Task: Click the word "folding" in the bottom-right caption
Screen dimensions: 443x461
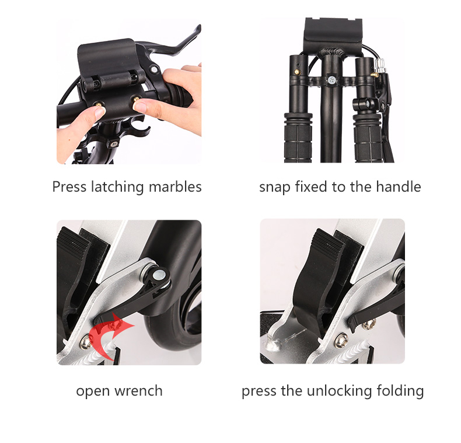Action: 400,391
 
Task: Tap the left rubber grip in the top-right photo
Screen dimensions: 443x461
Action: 298,137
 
